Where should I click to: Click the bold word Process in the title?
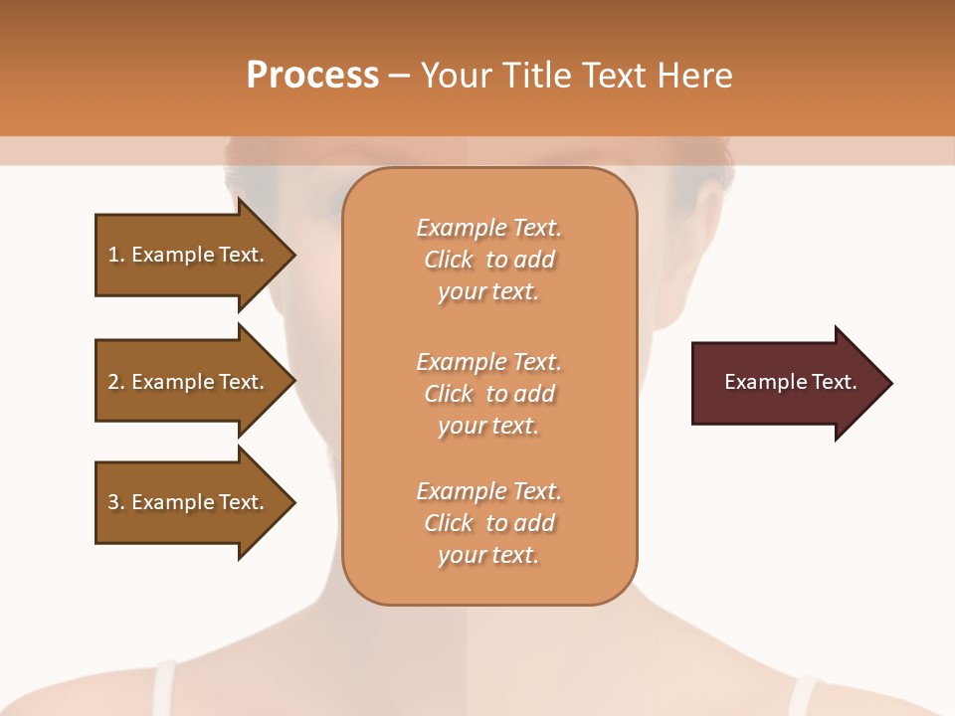(x=312, y=76)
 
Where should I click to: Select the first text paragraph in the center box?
(x=488, y=260)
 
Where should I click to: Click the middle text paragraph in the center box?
(x=488, y=394)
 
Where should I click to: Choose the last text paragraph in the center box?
(x=488, y=523)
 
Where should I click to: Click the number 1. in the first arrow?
(x=116, y=255)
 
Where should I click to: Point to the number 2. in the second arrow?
(x=116, y=382)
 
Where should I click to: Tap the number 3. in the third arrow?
(x=116, y=502)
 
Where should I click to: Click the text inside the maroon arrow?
(x=790, y=382)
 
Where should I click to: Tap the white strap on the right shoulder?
(x=802, y=696)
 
